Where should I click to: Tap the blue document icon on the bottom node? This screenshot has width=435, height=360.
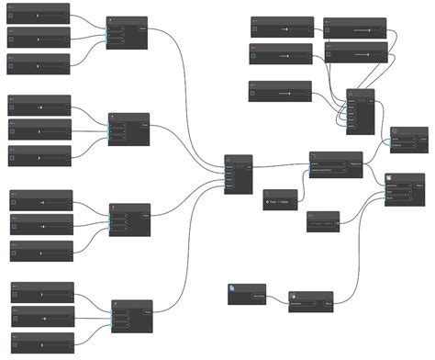click(233, 288)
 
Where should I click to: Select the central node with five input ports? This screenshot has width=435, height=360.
click(238, 174)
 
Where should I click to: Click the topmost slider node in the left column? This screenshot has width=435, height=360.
click(39, 15)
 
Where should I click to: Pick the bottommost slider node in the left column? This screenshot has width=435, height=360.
click(41, 343)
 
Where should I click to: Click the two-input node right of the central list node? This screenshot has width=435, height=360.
click(335, 164)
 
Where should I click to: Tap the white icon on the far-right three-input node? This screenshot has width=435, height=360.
click(389, 178)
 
